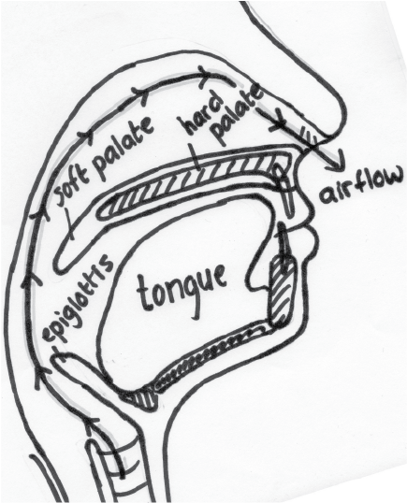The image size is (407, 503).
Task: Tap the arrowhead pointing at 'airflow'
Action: coord(336,162)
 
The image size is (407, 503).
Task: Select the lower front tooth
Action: coord(283,244)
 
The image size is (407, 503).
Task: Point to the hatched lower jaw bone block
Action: coord(283,292)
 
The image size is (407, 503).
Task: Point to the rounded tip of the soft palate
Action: coord(65,263)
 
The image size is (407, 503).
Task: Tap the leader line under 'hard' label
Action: coord(196,157)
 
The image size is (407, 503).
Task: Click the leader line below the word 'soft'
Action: coord(69,223)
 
